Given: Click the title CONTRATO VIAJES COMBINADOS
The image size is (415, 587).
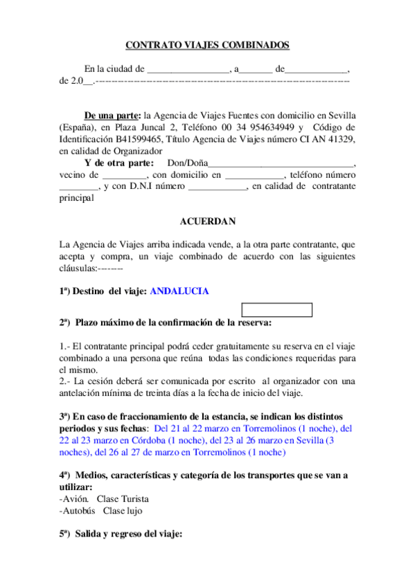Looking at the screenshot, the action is (x=207, y=46).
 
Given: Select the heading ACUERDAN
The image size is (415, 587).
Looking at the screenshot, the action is (x=207, y=222).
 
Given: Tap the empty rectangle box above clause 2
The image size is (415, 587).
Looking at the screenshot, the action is (x=277, y=310).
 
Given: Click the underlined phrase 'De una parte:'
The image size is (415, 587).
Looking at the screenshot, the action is (x=112, y=116).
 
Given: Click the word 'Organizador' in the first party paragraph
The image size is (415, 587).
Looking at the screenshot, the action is (x=137, y=151).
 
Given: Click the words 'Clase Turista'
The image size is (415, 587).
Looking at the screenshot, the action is (x=123, y=498).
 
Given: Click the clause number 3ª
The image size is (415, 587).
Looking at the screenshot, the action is (x=64, y=416).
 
